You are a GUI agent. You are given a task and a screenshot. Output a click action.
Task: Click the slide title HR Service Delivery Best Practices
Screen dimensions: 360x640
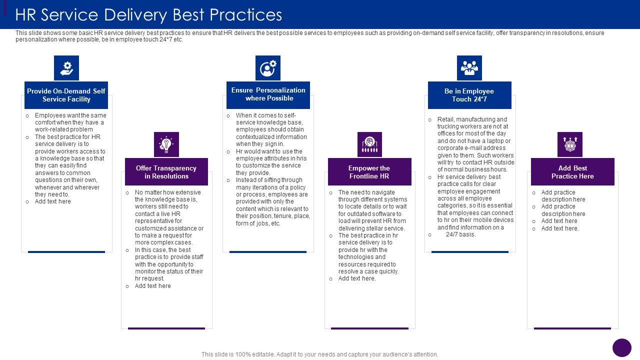pos(148,15)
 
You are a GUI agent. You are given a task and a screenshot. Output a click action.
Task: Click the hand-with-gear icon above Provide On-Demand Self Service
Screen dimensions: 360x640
pos(66,68)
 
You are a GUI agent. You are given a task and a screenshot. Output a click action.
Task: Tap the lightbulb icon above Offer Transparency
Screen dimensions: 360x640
pos(166,144)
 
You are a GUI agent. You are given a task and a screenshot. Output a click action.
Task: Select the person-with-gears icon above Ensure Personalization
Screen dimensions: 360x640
pos(268,68)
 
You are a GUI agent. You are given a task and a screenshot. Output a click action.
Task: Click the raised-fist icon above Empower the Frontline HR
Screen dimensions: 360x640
pos(369,144)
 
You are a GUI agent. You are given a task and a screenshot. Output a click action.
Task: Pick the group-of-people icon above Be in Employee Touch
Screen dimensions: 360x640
pos(469,68)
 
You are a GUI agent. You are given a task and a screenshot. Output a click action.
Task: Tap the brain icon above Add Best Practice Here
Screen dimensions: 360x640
pos(570,144)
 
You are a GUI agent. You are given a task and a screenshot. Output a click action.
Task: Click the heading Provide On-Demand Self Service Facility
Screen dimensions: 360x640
pos(66,95)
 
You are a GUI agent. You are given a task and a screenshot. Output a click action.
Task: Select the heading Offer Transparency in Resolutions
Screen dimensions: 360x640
pos(166,172)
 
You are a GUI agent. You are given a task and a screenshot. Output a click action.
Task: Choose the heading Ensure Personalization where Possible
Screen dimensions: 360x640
pos(268,94)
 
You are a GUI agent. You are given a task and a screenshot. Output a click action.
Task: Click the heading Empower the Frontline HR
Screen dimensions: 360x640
pos(369,172)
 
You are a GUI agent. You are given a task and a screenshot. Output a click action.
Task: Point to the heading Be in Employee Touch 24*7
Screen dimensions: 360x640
pos(469,95)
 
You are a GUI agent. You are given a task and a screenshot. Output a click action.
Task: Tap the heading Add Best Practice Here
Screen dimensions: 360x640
pos(572,172)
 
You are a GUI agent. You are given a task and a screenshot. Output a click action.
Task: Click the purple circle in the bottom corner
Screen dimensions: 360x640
pos(622,347)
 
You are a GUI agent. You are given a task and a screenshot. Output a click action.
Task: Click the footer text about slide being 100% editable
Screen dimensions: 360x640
pos(320,354)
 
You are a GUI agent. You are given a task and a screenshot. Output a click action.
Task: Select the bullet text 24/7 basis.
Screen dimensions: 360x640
pos(460,234)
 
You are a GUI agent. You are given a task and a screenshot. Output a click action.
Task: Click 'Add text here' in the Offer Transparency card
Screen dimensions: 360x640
pos(153,286)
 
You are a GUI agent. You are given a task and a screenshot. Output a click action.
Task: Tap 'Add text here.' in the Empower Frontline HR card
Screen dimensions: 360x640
pos(357,278)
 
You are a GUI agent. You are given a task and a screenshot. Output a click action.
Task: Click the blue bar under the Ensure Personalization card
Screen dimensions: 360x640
pos(268,252)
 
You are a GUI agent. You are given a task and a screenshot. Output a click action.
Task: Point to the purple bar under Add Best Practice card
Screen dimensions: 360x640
pos(572,328)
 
